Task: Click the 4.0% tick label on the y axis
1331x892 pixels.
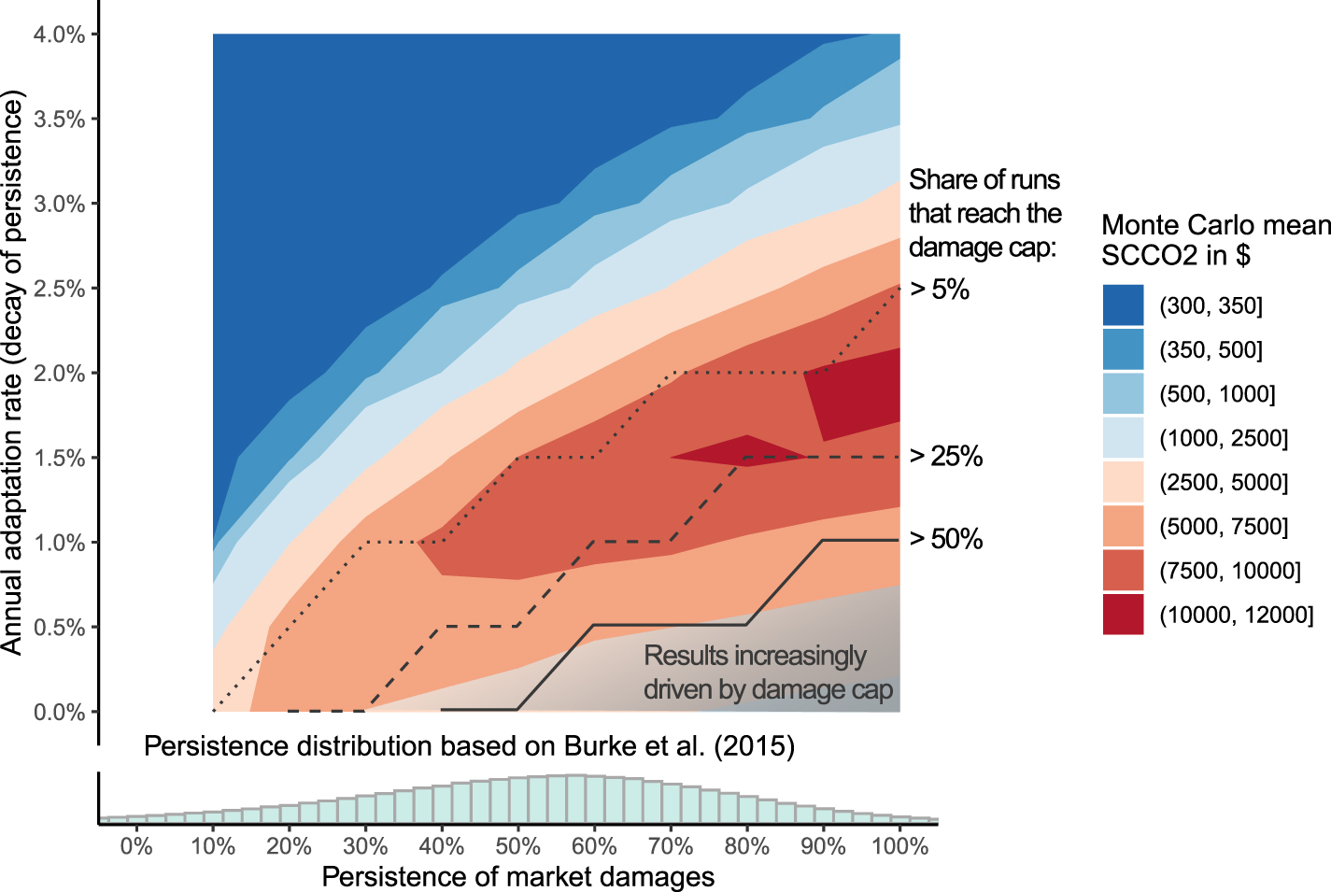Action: pos(59,35)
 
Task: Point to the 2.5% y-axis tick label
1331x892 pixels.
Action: pos(59,289)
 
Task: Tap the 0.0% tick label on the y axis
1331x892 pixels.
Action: pos(59,712)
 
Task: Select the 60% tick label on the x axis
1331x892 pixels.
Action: pos(594,846)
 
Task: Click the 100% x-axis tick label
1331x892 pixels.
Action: pos(899,846)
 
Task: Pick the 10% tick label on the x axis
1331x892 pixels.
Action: pos(213,846)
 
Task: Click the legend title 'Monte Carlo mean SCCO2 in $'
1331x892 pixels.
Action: pos(1215,240)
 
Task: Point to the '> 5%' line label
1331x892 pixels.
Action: pos(940,290)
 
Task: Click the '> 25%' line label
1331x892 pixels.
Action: pos(945,456)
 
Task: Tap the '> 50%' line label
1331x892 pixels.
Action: pos(945,539)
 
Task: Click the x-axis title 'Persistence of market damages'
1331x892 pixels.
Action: pos(518,877)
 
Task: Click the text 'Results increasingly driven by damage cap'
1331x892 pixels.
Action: pos(768,673)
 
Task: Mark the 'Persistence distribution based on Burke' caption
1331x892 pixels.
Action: pos(469,746)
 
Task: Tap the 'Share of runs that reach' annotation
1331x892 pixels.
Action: pos(984,213)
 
